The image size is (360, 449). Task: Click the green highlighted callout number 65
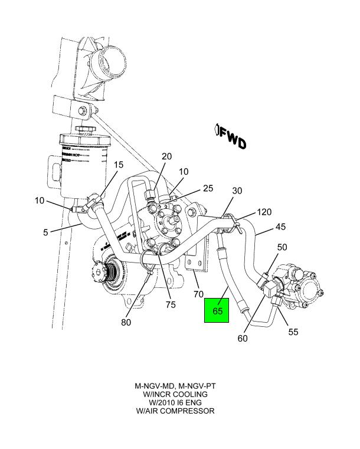tap(217, 311)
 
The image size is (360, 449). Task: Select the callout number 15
tap(118, 165)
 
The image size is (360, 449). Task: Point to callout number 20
tap(166, 156)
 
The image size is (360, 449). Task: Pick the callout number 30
tap(237, 191)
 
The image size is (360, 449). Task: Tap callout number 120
tap(264, 212)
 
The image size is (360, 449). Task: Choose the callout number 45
tap(281, 227)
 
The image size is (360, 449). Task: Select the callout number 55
tap(293, 332)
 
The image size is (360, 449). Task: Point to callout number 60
tap(243, 338)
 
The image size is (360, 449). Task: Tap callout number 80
tap(126, 322)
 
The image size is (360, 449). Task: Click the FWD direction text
tap(232, 138)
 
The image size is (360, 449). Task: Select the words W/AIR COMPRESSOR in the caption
tap(175, 411)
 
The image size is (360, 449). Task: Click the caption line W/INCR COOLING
tap(175, 394)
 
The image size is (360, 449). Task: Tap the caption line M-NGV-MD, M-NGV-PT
tap(175, 386)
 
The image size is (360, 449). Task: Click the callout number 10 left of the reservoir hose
tap(40, 201)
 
